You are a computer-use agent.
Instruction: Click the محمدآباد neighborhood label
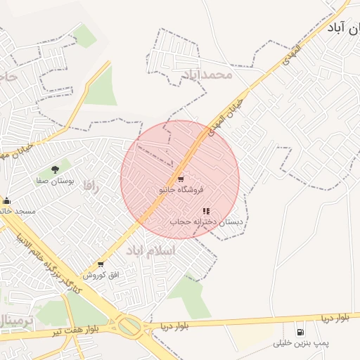click(206, 74)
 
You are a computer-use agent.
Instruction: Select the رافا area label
click(89, 186)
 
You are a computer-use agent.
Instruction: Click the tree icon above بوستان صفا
click(55, 169)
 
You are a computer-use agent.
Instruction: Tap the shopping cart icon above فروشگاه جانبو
click(181, 179)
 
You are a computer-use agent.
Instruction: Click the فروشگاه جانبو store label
click(181, 189)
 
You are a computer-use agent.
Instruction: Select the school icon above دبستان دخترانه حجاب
click(206, 211)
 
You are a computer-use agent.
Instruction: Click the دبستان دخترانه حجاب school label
click(206, 221)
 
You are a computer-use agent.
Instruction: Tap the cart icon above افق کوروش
click(101, 264)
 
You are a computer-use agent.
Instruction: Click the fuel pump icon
click(301, 332)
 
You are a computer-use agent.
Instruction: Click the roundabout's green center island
click(129, 326)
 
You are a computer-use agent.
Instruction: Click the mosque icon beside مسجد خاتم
click(6, 201)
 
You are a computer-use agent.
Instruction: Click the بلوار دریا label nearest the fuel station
click(335, 319)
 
